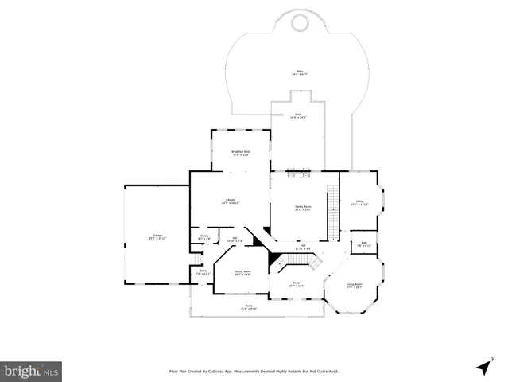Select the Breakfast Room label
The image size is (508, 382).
[241, 153]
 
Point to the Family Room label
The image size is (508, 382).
[303, 208]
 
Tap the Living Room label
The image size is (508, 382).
[354, 286]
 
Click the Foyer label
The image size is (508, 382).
[295, 283]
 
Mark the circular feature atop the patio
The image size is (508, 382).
[300, 23]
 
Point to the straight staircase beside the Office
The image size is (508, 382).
[334, 212]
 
